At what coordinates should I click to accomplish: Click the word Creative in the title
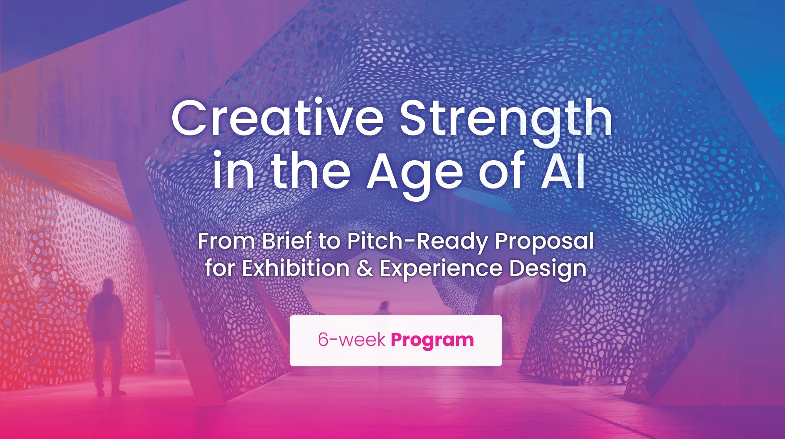277,118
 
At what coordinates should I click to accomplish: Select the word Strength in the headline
506,118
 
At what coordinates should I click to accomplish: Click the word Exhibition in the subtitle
295,269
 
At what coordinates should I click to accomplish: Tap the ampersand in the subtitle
365,269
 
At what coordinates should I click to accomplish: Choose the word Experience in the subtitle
441,269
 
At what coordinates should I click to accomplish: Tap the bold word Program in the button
432,340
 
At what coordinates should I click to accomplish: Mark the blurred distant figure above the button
383,308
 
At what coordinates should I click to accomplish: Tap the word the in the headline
310,172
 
